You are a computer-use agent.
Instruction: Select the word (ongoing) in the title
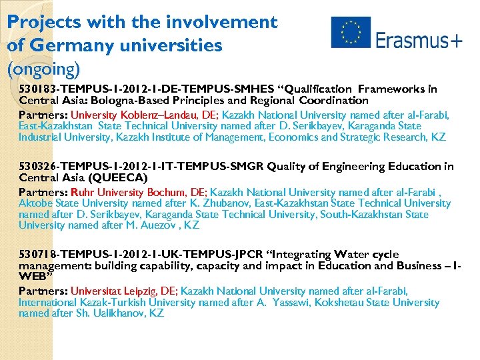[x=43, y=69]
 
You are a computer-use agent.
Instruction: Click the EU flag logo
[x=350, y=33]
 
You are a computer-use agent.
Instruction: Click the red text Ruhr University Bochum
[x=111, y=192]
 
